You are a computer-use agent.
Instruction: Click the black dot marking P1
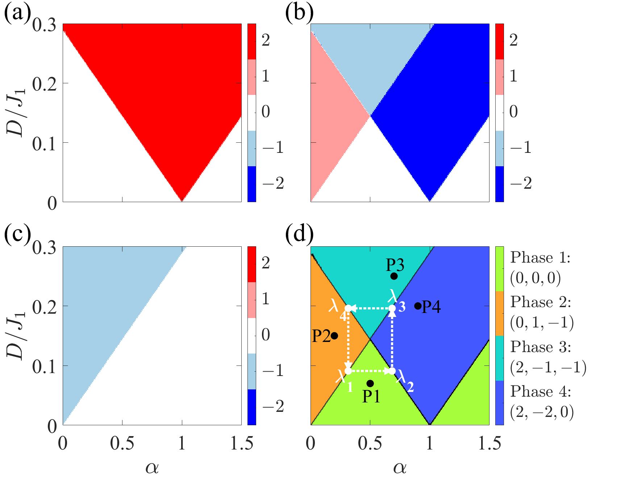click(370, 383)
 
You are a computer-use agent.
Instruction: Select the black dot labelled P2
click(334, 336)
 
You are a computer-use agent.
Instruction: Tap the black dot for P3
click(394, 276)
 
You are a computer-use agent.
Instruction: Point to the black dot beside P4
click(418, 306)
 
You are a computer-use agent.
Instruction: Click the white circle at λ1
click(348, 371)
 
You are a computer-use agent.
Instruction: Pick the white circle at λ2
click(392, 371)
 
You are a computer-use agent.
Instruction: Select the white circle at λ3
click(392, 308)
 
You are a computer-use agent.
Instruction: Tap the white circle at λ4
click(348, 308)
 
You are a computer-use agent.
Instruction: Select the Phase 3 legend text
click(541, 347)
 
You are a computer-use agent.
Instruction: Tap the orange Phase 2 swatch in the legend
click(499, 313)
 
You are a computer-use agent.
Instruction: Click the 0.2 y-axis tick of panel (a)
click(45, 84)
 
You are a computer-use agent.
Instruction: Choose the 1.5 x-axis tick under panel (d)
click(489, 444)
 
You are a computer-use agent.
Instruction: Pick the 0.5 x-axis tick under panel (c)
click(122, 444)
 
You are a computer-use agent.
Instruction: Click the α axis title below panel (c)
click(152, 468)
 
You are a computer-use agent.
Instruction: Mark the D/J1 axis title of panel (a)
click(16, 112)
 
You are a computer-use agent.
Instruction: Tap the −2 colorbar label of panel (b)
click(521, 183)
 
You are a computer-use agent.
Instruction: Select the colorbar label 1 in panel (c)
click(266, 299)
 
